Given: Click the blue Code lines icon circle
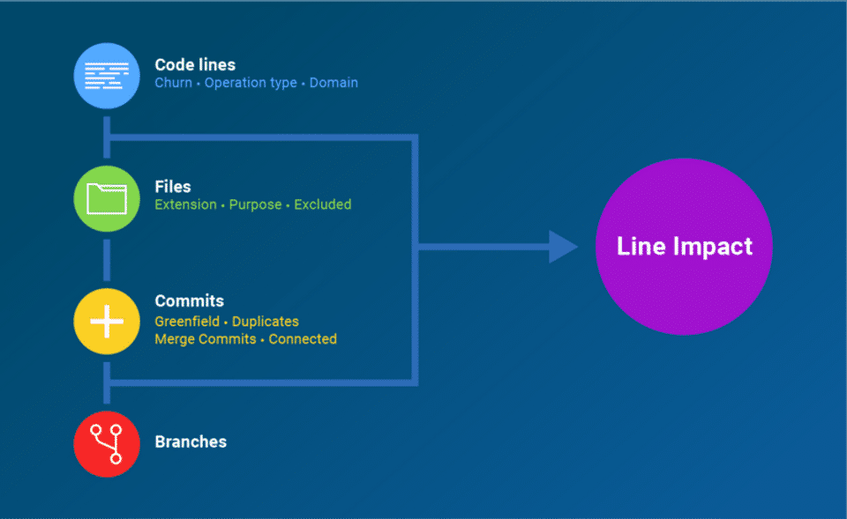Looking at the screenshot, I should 107,75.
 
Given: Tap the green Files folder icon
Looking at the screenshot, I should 107,197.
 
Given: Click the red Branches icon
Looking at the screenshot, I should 107,443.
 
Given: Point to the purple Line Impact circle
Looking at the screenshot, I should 684,246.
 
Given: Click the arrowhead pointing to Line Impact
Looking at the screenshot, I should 562,247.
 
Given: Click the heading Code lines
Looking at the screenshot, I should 195,64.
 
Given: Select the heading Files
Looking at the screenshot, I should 173,187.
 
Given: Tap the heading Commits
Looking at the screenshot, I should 190,301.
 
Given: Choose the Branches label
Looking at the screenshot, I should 191,441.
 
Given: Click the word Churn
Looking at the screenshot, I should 173,83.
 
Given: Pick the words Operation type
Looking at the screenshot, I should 251,83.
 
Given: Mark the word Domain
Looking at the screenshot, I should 334,83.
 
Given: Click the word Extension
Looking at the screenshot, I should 185,204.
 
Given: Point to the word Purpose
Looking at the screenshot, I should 255,204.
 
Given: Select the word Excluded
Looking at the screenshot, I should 323,204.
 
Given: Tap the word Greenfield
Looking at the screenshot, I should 187,322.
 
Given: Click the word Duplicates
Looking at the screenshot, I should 266,322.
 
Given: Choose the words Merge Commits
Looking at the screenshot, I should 206,339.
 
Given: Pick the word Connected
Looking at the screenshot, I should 303,339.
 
